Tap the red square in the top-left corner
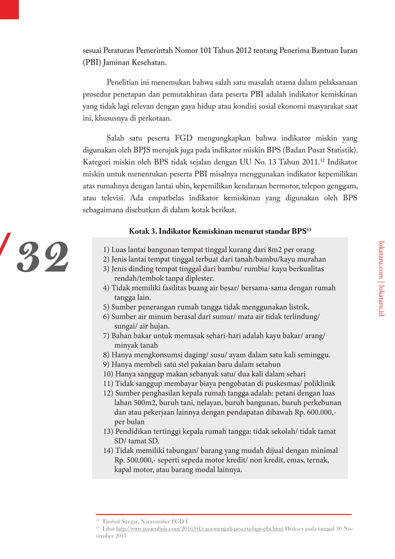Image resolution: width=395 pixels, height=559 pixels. coord(9,8)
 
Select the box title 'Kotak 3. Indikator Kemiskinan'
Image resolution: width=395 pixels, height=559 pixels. coord(219,232)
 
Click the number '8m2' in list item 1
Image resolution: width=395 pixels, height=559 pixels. coord(268,250)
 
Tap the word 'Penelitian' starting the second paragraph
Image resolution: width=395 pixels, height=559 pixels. coord(125,82)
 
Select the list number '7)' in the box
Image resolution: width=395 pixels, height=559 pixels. coord(106,335)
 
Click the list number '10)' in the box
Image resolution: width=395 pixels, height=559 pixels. coord(108,374)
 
